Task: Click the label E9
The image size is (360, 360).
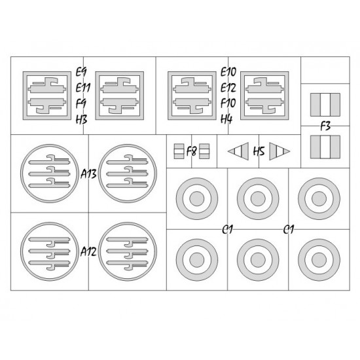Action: pyautogui.click(x=81, y=72)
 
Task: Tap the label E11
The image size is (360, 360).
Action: pyautogui.click(x=83, y=88)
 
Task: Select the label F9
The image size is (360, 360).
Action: pyautogui.click(x=81, y=103)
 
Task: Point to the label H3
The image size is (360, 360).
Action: pyautogui.click(x=82, y=119)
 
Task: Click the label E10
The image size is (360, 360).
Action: pyautogui.click(x=228, y=72)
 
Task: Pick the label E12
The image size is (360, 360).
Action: pyautogui.click(x=228, y=88)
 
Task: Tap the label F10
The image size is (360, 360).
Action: pyautogui.click(x=228, y=103)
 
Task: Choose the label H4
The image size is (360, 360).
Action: pyautogui.click(x=226, y=119)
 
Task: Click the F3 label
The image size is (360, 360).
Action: pyautogui.click(x=325, y=126)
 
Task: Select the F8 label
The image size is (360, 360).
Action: pyautogui.click(x=192, y=151)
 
